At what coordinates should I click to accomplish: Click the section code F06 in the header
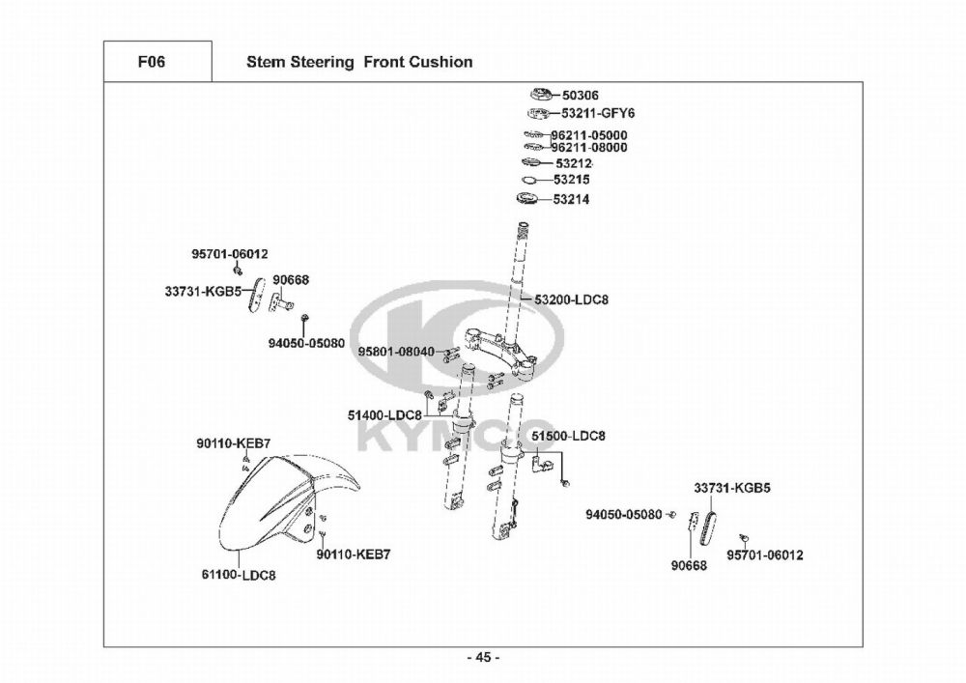152,62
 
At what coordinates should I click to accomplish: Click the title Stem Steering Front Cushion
359,62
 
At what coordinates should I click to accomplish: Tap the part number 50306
580,96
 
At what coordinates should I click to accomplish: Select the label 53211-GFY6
598,113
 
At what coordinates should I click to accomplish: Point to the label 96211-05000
588,135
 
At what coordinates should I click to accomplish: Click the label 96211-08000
588,148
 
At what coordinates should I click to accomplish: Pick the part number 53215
572,180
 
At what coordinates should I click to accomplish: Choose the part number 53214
572,200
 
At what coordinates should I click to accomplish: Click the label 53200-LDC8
571,299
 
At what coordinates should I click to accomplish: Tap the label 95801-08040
396,352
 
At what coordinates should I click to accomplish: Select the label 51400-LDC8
384,414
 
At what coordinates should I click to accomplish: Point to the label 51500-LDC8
568,436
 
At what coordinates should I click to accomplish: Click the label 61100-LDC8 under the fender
239,575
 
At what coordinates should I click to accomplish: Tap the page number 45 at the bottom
483,658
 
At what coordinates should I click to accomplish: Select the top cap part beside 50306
540,95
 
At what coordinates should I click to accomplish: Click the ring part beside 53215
531,181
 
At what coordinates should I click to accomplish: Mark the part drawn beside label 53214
531,200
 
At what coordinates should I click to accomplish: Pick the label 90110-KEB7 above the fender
233,443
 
